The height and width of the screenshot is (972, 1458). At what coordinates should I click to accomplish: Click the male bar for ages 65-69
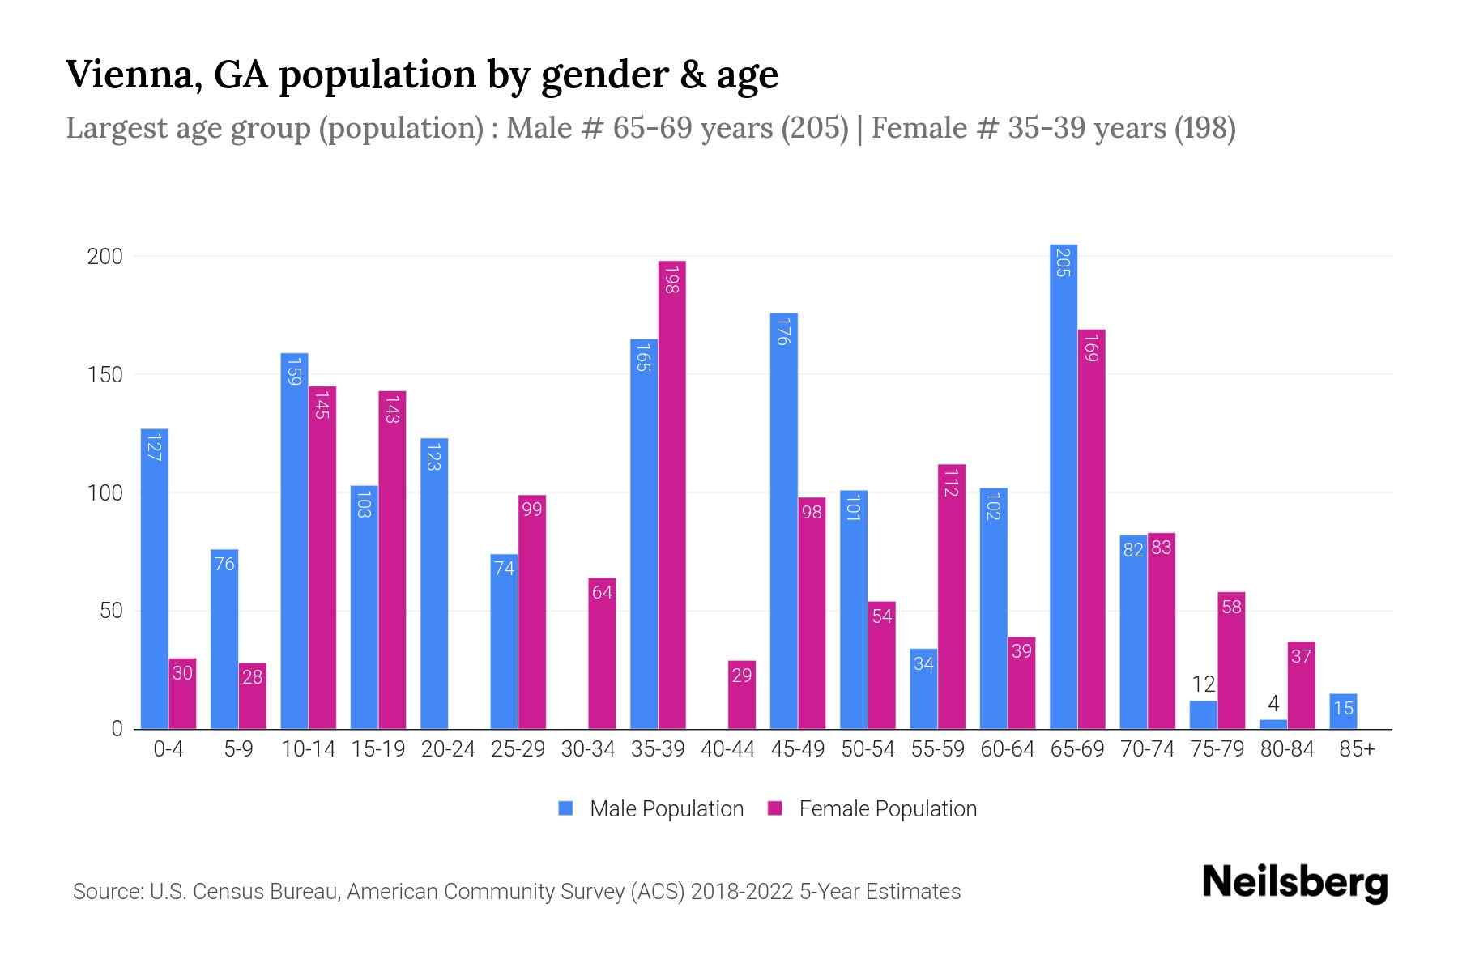1064,486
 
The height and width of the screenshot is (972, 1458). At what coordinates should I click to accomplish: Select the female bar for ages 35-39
671,494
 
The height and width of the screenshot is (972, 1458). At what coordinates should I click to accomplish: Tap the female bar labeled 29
741,695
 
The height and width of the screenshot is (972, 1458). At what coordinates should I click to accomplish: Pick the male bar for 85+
1343,711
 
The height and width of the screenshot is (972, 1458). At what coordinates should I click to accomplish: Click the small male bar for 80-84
1273,724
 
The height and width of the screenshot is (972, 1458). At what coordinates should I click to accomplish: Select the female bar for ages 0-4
182,693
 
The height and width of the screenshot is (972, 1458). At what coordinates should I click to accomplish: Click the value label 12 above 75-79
1203,684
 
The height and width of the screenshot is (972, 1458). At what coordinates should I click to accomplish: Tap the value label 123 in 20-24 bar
433,456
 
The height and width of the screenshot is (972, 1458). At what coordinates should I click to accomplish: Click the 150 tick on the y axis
105,375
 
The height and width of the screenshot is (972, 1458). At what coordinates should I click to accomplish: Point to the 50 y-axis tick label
111,611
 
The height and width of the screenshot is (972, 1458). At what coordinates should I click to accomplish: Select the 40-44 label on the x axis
727,749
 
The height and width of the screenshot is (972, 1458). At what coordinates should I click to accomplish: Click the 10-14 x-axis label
308,749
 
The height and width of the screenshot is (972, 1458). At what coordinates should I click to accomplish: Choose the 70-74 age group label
1147,749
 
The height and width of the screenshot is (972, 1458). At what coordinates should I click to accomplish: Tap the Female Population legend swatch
775,808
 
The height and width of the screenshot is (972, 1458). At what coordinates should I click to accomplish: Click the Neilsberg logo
1294,883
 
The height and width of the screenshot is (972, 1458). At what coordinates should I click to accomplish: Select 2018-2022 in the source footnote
742,892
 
